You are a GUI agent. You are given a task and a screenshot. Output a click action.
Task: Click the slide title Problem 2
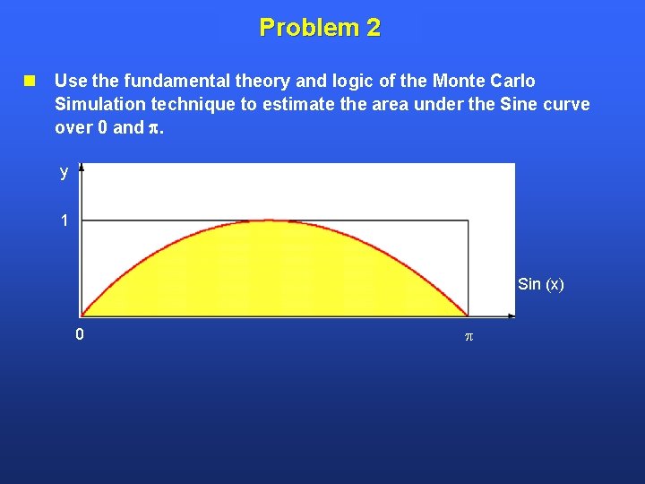coord(320,28)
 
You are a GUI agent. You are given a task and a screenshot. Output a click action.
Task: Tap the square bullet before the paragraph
coord(30,81)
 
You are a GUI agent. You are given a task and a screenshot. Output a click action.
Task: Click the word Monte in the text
coord(430,81)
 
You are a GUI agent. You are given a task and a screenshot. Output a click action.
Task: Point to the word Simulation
coord(99,104)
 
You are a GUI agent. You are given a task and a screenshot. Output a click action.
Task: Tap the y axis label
coord(64,173)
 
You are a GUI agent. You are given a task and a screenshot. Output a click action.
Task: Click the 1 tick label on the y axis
coord(64,220)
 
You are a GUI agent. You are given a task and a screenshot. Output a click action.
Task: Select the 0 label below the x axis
coord(80,335)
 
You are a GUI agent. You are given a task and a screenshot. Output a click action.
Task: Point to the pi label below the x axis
coord(467,337)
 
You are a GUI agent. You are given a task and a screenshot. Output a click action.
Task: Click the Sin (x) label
coord(541,284)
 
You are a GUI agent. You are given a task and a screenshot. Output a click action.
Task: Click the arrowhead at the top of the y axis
coord(82,168)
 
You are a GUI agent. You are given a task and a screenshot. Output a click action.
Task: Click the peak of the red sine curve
coord(273,220)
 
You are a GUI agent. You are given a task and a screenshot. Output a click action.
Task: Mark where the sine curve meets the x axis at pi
coord(467,315)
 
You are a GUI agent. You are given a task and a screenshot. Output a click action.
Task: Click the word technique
coord(195,104)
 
